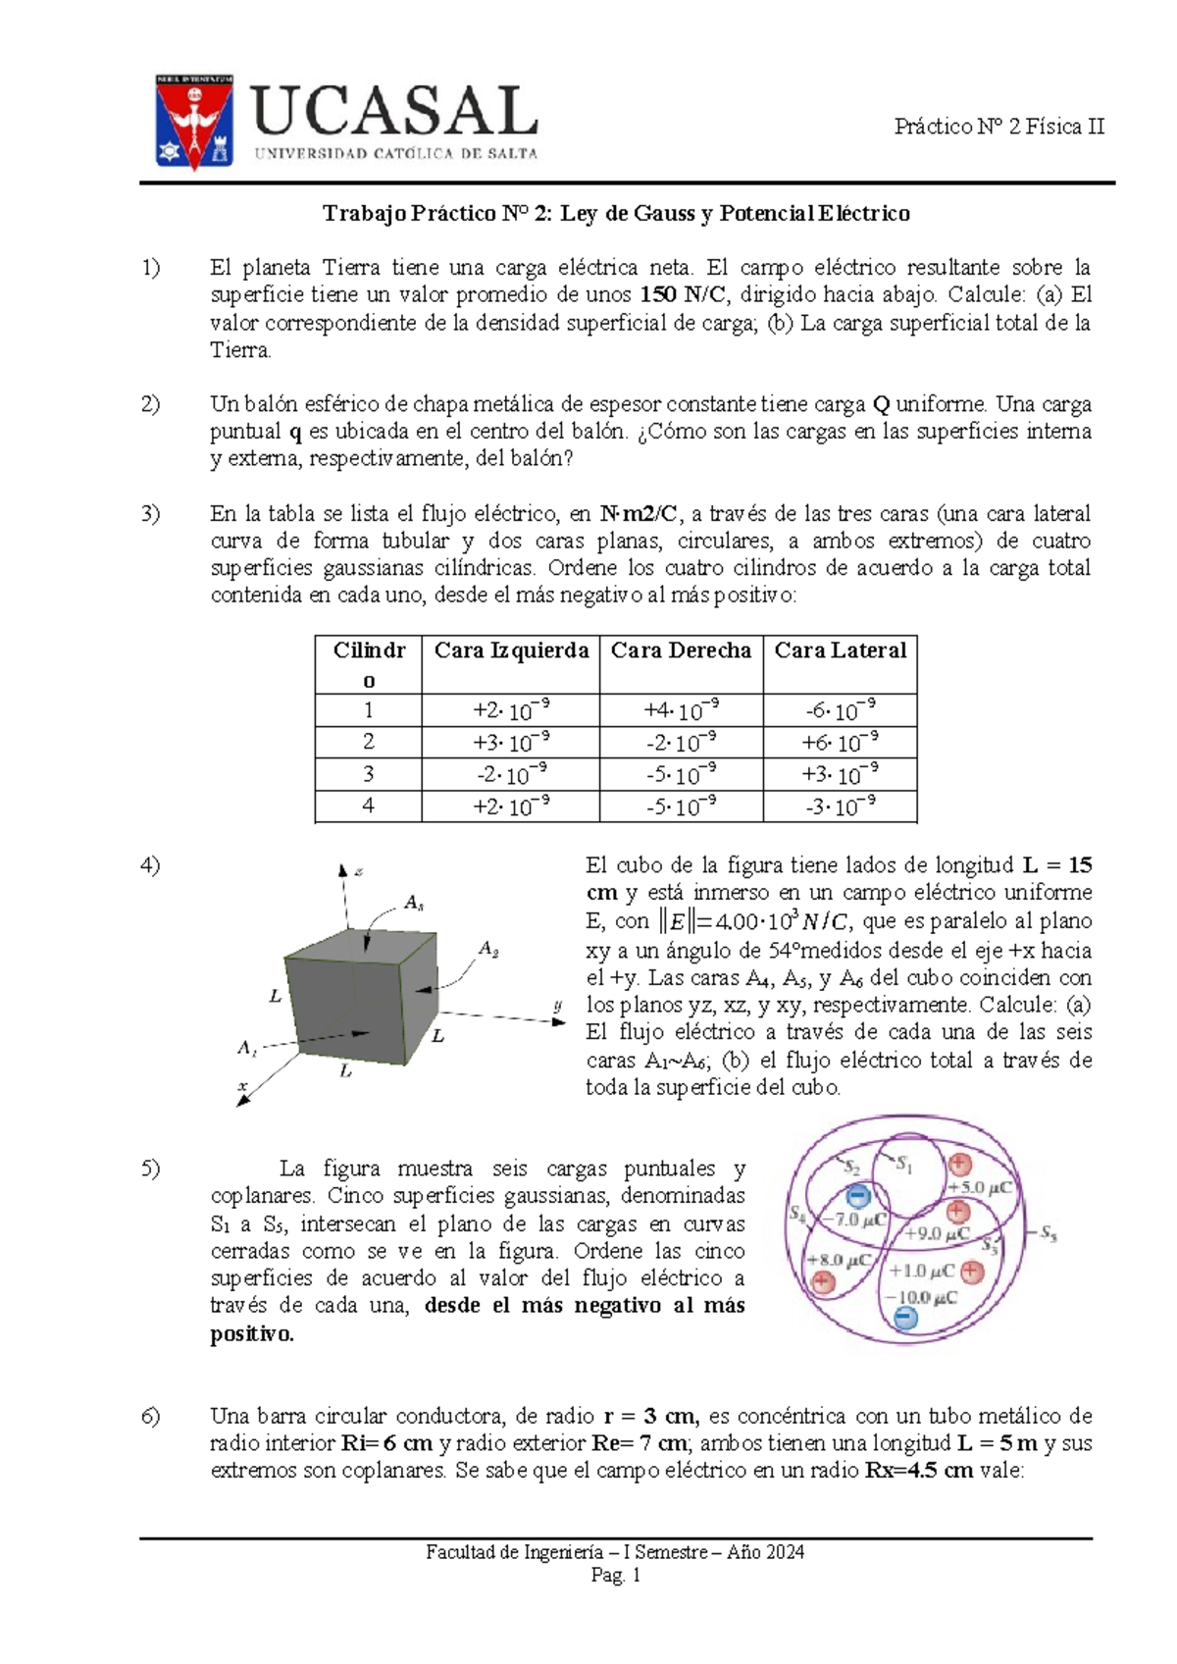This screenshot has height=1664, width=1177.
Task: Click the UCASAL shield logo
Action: (x=194, y=121)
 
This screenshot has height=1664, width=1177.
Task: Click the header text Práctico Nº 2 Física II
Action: (x=998, y=127)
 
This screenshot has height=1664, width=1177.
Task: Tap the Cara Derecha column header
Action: (x=681, y=650)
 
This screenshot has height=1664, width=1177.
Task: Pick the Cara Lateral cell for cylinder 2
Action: (x=840, y=742)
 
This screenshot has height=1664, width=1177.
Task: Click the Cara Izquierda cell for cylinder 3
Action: (x=510, y=774)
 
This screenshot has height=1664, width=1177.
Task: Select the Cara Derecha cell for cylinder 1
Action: (x=681, y=709)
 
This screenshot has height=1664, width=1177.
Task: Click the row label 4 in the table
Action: (x=368, y=806)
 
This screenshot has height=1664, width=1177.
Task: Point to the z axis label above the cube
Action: (x=359, y=871)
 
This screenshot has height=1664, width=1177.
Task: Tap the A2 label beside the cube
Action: (x=488, y=949)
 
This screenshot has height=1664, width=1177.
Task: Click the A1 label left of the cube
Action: (x=247, y=1047)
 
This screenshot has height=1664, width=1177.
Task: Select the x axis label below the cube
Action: (x=242, y=1085)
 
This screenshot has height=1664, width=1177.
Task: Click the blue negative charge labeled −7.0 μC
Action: (x=857, y=1195)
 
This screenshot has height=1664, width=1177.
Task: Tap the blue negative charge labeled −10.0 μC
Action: (x=906, y=1319)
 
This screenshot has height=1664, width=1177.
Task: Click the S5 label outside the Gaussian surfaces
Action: (x=1048, y=1232)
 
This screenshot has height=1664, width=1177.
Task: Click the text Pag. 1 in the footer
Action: (x=615, y=1576)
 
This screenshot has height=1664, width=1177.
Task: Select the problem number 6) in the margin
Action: (x=150, y=1416)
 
